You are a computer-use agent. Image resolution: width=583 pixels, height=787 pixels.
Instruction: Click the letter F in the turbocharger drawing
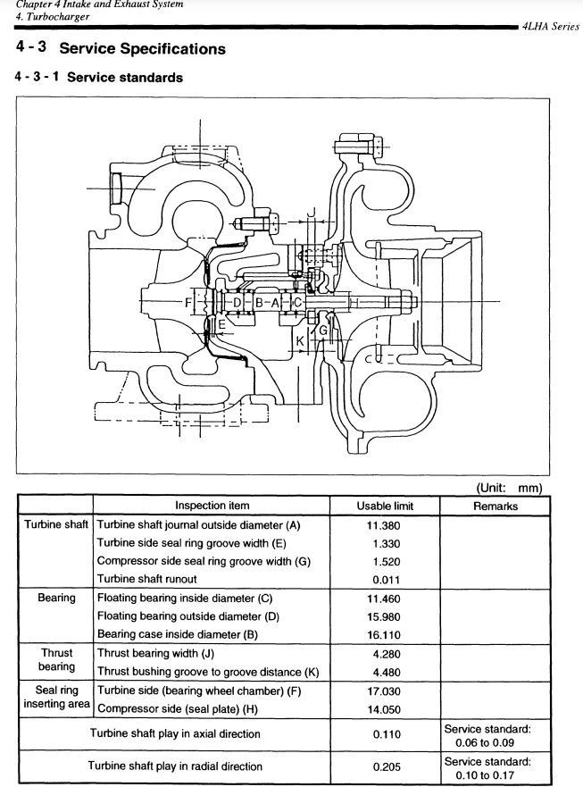point(188,303)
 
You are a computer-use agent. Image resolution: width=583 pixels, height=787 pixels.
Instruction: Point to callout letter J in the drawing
point(311,213)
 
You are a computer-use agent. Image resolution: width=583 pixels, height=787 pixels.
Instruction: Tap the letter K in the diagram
point(300,341)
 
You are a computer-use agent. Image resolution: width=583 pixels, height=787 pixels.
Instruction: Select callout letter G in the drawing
point(323,331)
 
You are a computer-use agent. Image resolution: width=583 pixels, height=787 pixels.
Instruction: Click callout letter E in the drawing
point(221,324)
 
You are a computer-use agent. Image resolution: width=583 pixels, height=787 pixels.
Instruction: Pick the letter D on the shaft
point(237,303)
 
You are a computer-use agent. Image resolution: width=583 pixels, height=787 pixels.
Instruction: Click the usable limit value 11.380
point(384,525)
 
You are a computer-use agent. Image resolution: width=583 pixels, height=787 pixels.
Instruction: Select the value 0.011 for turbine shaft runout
point(387,580)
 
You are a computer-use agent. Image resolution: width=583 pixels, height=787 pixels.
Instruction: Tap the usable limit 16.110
point(384,635)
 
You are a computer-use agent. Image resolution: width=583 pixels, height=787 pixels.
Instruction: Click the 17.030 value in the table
point(384,691)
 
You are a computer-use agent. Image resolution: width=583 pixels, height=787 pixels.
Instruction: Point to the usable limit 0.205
point(387,767)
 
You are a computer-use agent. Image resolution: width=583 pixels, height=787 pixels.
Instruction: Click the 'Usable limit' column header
point(385,506)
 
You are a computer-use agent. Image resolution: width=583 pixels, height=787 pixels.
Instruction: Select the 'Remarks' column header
point(496,506)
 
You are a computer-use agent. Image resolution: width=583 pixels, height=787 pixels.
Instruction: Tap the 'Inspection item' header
point(212,506)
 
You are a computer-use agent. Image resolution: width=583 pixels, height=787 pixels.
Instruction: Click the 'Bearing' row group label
point(56,598)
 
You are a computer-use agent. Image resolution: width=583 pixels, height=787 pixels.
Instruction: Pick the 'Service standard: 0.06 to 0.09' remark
point(487,736)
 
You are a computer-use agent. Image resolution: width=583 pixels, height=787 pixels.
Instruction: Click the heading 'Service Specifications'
point(143,49)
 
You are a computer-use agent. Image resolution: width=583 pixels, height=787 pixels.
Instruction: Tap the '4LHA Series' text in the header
point(551,27)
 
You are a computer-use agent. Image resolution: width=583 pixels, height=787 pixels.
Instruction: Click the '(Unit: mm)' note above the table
point(509,488)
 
